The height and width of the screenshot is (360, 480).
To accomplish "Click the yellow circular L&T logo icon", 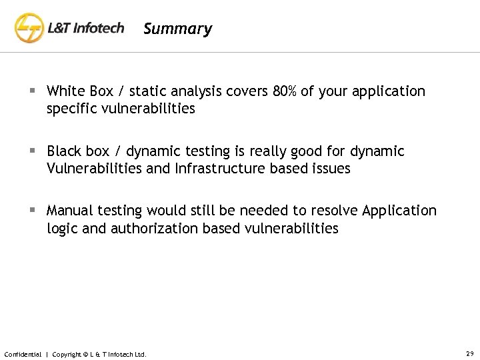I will (29, 29).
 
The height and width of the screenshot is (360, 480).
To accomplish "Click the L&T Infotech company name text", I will (86, 29).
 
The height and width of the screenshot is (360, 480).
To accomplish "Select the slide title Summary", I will (177, 29).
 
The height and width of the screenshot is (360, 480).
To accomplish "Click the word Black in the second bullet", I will (64, 151).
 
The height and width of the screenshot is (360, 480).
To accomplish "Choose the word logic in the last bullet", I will (62, 229).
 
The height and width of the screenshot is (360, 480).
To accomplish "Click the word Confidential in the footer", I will (23, 353).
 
